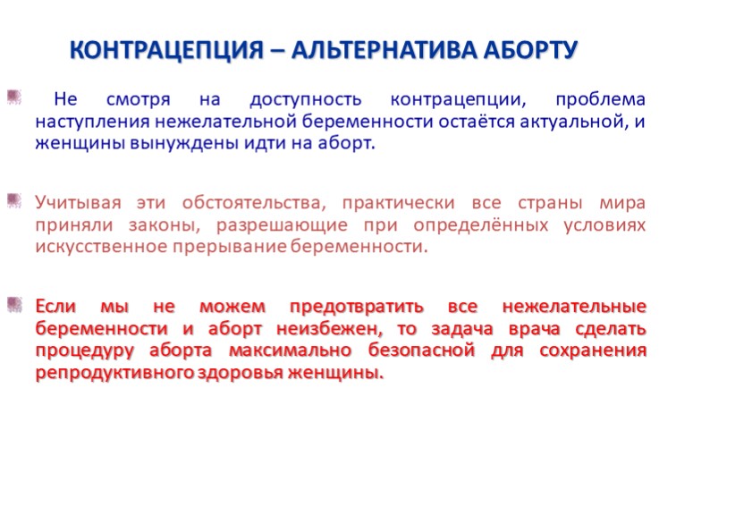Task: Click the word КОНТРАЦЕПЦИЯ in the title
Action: tap(166, 50)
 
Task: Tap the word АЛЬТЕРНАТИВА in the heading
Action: tap(384, 50)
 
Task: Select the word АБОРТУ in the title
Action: tap(530, 50)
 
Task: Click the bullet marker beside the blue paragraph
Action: tap(14, 97)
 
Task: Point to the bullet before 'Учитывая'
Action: tap(14, 200)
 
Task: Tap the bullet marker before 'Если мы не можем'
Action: tap(14, 304)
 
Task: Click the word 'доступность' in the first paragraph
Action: tap(306, 100)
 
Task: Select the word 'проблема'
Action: tap(601, 100)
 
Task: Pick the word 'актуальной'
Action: tap(574, 122)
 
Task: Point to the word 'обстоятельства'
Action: tap(254, 203)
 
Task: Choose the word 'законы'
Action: tap(165, 225)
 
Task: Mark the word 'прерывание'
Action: tap(230, 248)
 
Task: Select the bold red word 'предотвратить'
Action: tap(357, 307)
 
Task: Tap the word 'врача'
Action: tap(534, 330)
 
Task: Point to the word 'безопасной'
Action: tap(421, 350)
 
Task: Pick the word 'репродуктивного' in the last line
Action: tap(114, 373)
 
